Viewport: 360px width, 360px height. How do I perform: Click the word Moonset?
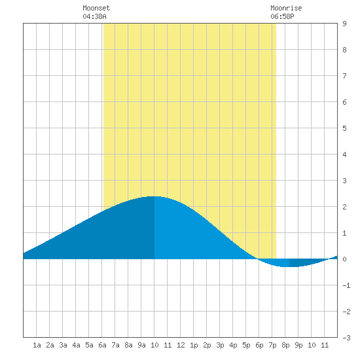pos(96,8)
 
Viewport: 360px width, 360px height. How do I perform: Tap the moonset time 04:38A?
pos(94,16)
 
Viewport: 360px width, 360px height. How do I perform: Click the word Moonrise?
pos(286,8)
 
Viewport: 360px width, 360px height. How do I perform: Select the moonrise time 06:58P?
pos(282,16)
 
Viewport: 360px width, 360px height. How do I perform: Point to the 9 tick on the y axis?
pos(344,24)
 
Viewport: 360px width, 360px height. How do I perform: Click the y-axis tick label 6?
pos(344,102)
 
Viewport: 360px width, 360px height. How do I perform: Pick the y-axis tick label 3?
pos(344,181)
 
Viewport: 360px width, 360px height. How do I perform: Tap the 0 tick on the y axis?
pos(344,259)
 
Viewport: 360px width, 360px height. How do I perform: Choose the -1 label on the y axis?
pos(346,285)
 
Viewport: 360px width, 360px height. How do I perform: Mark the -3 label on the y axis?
pos(346,338)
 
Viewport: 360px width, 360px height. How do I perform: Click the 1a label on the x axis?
pos(37,345)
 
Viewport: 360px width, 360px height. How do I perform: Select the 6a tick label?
pos(102,345)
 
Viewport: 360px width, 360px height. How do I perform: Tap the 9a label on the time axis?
pos(141,345)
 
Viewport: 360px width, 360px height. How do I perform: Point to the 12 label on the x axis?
pos(181,345)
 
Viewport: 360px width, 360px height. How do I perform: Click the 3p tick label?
pos(220,345)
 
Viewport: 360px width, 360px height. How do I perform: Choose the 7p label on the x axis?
pos(272,345)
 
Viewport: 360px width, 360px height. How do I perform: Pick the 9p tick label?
pos(298,345)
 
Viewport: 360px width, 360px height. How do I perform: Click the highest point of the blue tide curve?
pos(154,196)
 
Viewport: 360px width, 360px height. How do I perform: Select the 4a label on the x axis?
pos(76,345)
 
